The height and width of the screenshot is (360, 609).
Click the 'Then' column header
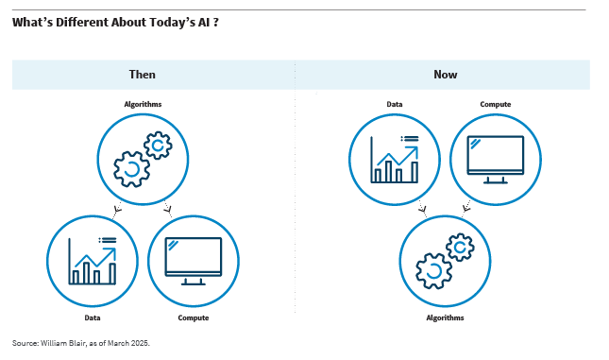tap(143, 74)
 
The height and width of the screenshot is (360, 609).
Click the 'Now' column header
tap(446, 74)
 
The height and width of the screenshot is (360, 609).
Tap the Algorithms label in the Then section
tap(143, 103)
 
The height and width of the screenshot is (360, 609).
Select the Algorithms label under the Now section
tap(445, 317)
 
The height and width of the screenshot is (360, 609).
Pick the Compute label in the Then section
tap(194, 317)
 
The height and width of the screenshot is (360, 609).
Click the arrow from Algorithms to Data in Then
tap(117, 209)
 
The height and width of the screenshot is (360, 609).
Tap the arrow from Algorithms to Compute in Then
tap(169, 209)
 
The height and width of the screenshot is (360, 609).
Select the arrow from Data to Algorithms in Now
tap(421, 209)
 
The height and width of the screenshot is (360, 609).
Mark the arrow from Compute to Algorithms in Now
tap(467, 209)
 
